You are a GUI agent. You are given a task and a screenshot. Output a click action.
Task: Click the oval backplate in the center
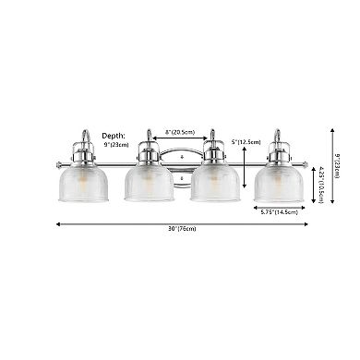click(180, 157)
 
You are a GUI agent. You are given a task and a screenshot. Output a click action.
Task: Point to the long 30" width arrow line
click(111, 224)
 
